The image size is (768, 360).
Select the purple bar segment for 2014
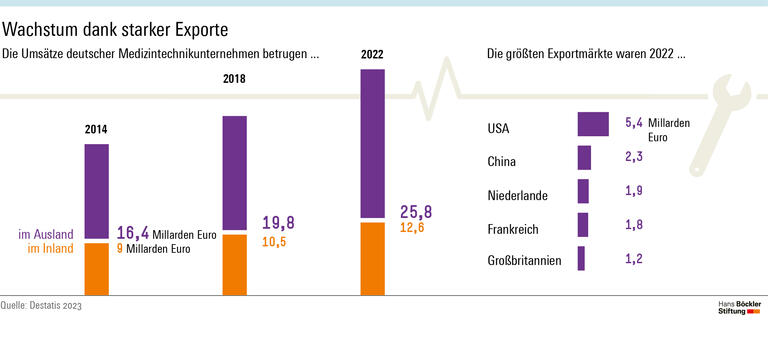[x=96, y=191]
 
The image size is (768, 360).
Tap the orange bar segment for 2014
[x=96, y=269]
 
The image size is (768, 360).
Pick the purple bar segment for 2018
[x=234, y=173]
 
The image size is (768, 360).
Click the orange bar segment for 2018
[x=234, y=265]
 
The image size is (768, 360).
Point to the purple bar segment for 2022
[x=372, y=141]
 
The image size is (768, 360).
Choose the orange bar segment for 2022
[x=372, y=259]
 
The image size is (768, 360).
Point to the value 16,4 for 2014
[x=133, y=233]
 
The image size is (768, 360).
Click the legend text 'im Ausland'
[x=46, y=234]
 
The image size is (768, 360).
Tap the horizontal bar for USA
[x=593, y=124]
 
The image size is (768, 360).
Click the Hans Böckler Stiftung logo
[x=740, y=307]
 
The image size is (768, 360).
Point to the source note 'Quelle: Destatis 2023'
[x=42, y=305]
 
